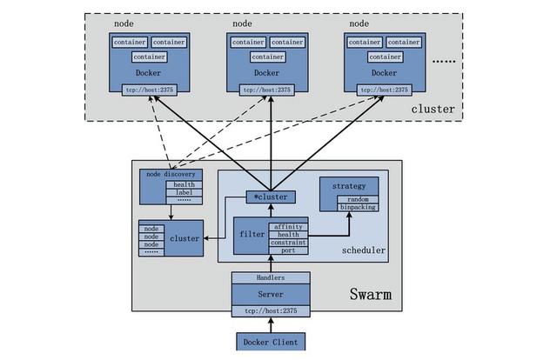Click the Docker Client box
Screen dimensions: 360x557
270,342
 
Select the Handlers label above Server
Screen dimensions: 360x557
270,278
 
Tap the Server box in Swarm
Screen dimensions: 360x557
270,294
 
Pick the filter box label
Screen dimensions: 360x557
247,233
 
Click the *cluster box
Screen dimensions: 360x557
271,197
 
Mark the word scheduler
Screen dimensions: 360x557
364,251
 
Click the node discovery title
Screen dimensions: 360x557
171,173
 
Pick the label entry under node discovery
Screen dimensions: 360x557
184,192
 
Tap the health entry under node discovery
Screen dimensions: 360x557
184,183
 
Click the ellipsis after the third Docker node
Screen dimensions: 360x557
443,62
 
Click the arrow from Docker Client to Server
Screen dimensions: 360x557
270,324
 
